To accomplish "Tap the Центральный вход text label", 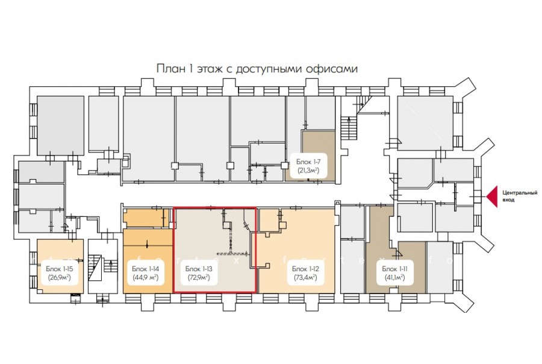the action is [x=520, y=196].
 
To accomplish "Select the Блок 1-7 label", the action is [x=309, y=162].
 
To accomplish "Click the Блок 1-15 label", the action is [x=60, y=269].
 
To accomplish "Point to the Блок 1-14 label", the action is [x=146, y=269].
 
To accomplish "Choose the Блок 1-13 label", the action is [x=199, y=269].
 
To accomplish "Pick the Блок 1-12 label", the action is [x=305, y=269].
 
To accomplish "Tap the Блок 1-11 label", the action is [x=394, y=269].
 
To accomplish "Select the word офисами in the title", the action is [x=332, y=69].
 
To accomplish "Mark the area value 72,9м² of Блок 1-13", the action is [x=199, y=277].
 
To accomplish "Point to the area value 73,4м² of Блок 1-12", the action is [x=305, y=277].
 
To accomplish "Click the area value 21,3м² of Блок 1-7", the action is [x=309, y=170].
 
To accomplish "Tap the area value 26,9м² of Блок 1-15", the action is [x=60, y=277].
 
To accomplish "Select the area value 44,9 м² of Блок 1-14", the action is [x=146, y=277].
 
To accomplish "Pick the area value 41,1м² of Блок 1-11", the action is [x=394, y=277].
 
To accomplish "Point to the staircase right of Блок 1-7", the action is [x=349, y=128].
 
